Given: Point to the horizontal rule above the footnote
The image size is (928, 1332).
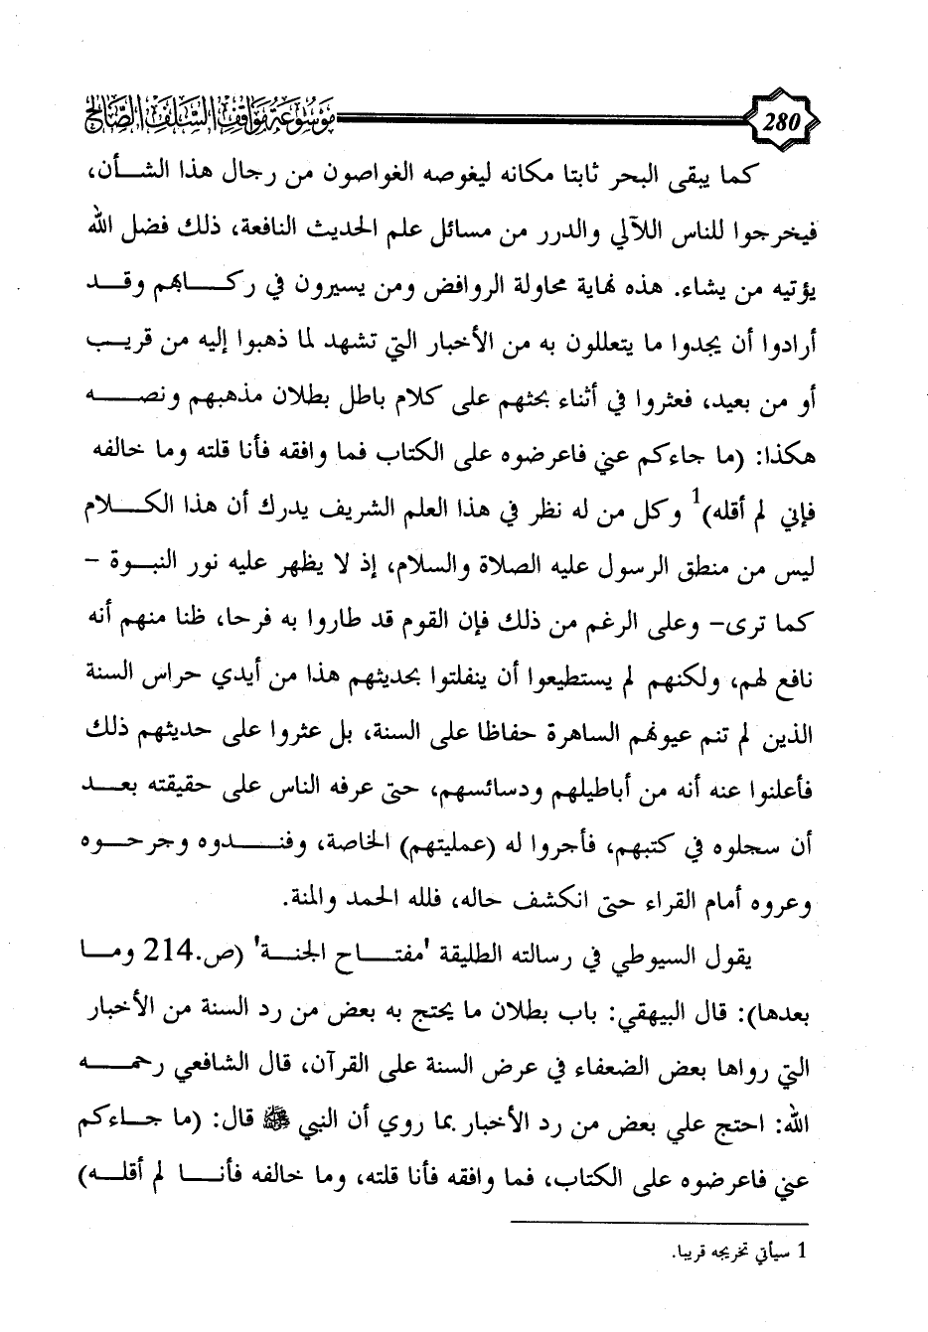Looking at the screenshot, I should (x=660, y=1222).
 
